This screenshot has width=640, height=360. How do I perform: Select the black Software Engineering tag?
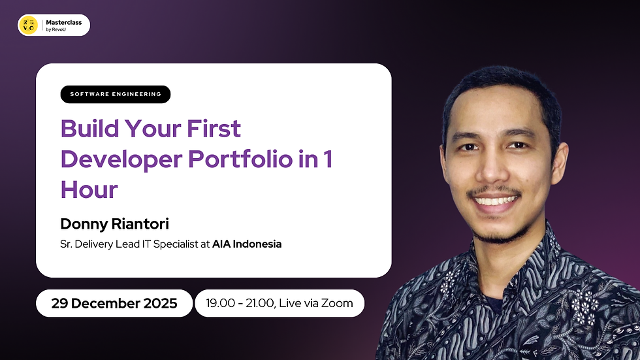coord(116,94)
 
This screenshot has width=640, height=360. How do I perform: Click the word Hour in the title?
coord(89,189)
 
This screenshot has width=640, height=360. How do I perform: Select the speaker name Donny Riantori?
coord(114,224)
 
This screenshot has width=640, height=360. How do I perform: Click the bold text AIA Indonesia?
coord(247,244)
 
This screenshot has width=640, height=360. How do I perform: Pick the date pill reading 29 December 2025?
coord(114,303)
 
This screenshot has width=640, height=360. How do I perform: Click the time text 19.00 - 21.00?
coord(238,303)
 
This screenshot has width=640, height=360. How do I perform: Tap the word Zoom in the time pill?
coord(337,303)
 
